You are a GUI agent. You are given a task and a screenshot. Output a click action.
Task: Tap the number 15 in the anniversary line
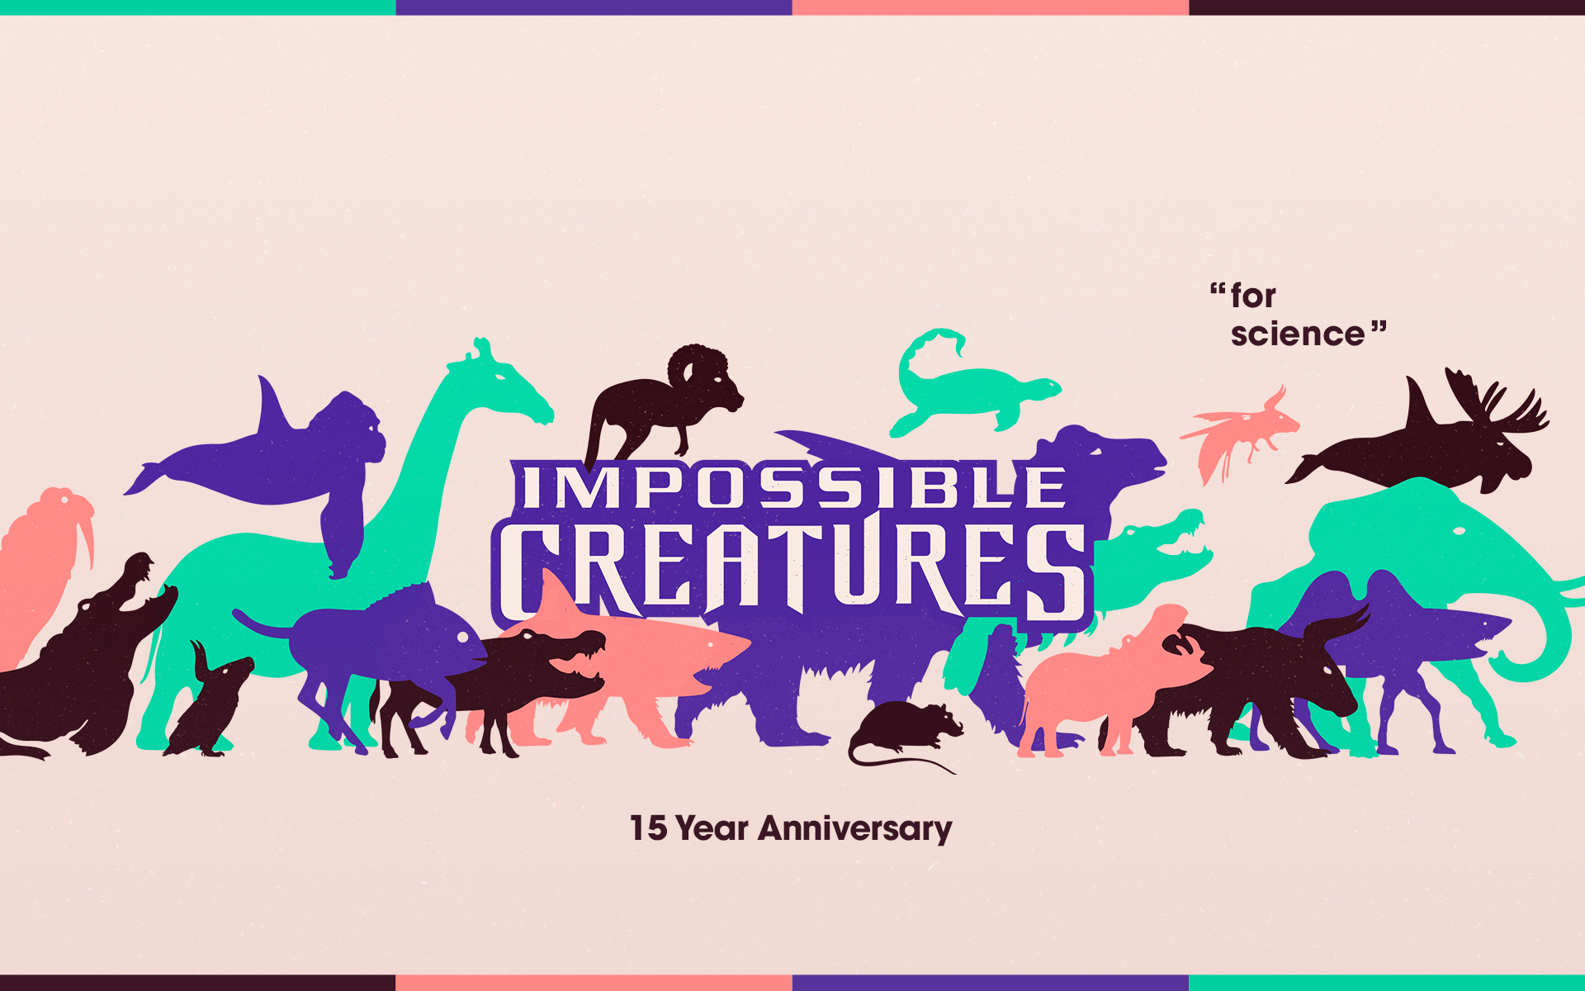coord(648,828)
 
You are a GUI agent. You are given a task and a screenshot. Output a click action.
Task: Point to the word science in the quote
coord(1297,334)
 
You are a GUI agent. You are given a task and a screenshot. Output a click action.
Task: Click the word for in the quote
coord(1253,296)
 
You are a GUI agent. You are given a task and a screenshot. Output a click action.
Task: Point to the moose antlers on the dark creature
coord(1494,401)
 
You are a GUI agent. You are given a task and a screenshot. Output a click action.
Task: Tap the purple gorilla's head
coord(351,425)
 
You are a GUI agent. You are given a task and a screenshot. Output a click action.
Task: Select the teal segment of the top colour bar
coord(198,7)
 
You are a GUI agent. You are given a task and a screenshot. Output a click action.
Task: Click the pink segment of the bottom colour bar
coord(594,983)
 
